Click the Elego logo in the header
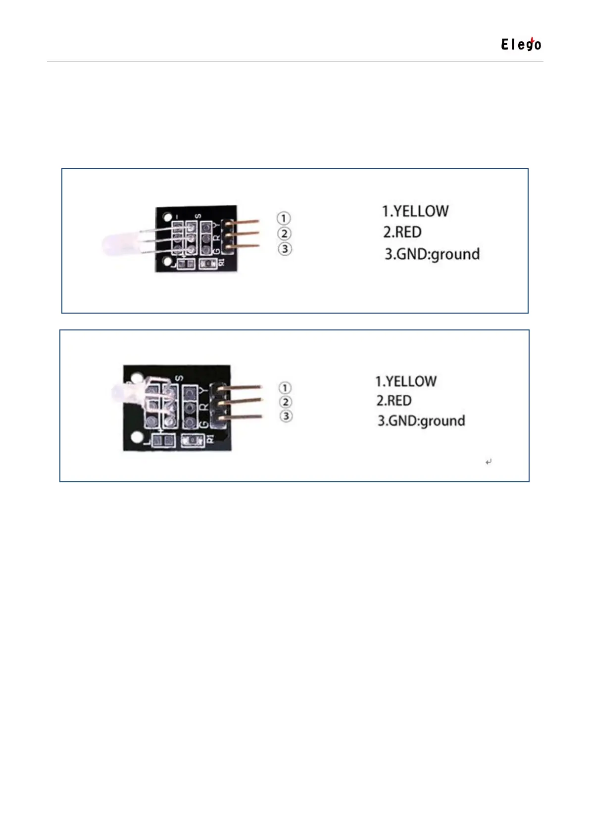click(521, 45)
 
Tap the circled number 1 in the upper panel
click(284, 218)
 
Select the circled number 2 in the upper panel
click(284, 233)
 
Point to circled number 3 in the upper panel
click(285, 249)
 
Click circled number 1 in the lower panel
click(285, 388)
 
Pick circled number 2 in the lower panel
click(285, 402)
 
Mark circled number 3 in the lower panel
click(286, 416)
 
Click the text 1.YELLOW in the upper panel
click(415, 211)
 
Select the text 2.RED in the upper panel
click(402, 232)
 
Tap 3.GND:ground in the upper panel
click(432, 254)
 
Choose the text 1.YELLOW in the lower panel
click(406, 381)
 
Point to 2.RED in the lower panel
click(393, 401)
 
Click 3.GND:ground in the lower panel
click(421, 421)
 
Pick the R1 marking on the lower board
click(210, 438)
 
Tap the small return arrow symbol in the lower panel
click(489, 462)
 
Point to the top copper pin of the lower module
click(240, 387)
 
